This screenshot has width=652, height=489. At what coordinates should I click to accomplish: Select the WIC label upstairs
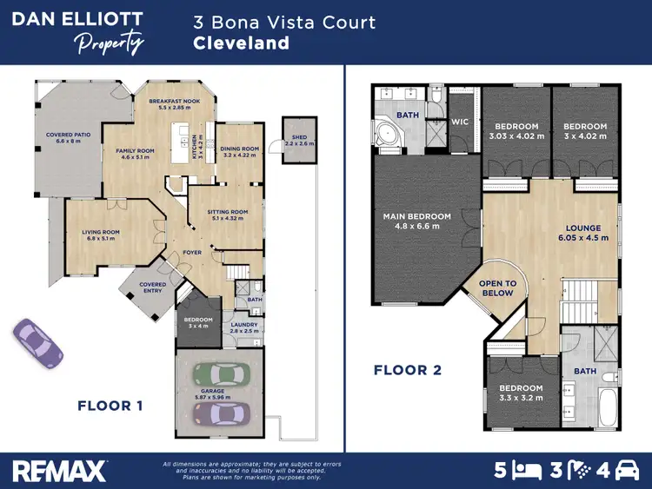[460, 122]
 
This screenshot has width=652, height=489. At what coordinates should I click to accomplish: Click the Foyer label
[192, 253]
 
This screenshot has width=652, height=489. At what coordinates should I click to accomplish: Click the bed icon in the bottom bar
[524, 471]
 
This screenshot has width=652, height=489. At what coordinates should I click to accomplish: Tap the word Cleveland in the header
[241, 43]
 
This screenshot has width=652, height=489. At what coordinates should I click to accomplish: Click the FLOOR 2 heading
[408, 370]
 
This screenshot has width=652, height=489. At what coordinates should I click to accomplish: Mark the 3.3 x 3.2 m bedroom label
[521, 393]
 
